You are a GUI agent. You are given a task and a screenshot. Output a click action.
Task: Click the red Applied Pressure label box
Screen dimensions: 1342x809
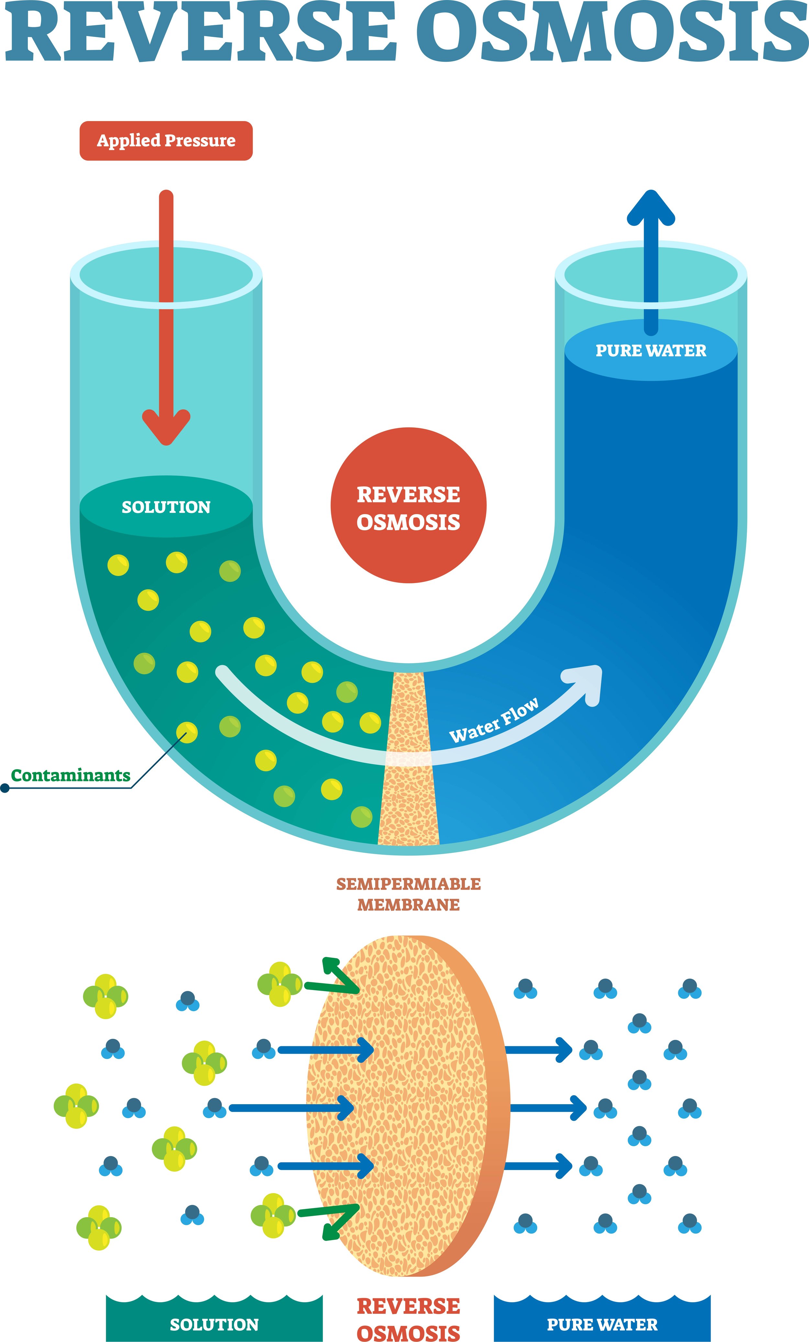[x=166, y=140]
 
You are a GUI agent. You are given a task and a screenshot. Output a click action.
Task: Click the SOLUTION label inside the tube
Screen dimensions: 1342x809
[x=166, y=507]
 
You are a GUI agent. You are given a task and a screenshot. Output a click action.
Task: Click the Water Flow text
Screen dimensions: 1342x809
[x=493, y=720]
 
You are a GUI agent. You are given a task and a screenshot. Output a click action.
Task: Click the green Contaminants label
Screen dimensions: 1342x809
[x=71, y=775]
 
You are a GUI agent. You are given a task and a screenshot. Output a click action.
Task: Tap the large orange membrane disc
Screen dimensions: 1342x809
[x=403, y=1105]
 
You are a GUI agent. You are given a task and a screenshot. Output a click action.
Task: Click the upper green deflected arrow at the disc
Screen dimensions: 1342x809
[x=335, y=978]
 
